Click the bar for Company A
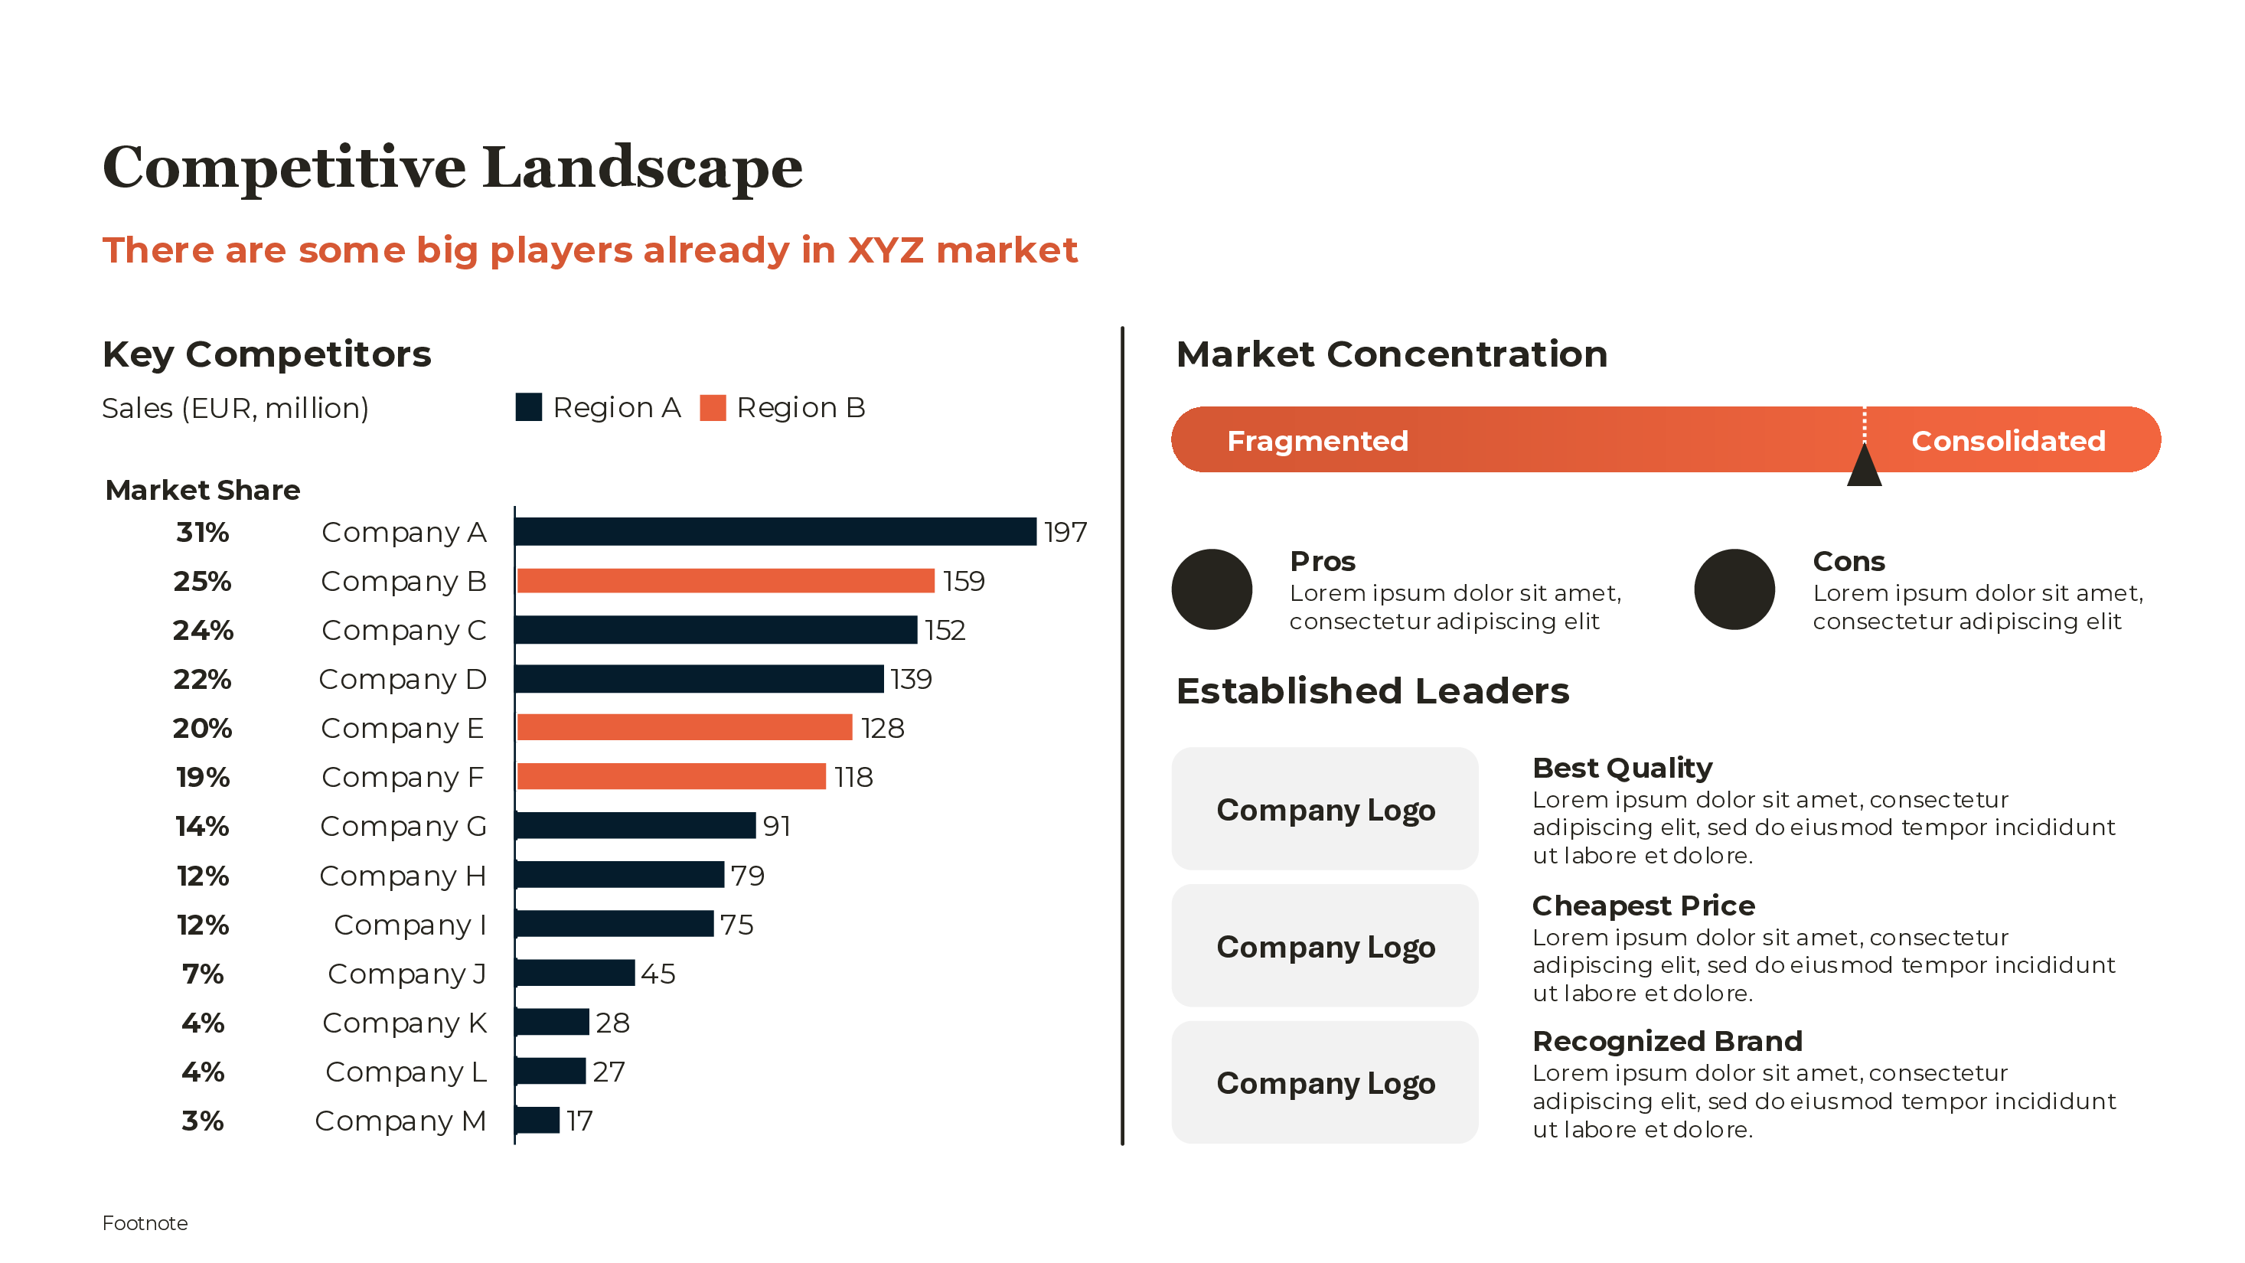click(775, 532)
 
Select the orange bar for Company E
click(684, 728)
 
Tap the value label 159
click(963, 582)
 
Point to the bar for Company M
click(537, 1120)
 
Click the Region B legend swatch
click(712, 408)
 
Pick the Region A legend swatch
click(528, 407)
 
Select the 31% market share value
click(202, 532)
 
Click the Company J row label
click(406, 974)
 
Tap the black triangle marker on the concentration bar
click(1863, 466)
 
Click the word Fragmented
click(1317, 441)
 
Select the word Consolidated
click(2007, 441)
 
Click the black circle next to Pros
click(1212, 589)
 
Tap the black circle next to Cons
click(1734, 589)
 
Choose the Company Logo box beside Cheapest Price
click(1324, 946)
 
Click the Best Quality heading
click(1622, 768)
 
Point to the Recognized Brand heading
click(1666, 1041)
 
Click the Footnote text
click(145, 1223)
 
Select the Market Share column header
click(202, 490)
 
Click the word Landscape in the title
click(641, 168)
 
